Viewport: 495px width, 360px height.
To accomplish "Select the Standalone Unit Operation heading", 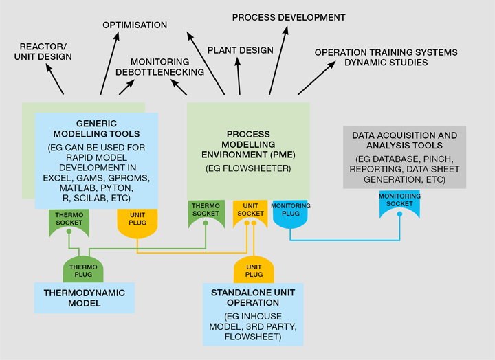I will (254, 296).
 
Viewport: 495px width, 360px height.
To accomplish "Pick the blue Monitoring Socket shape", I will (399, 204).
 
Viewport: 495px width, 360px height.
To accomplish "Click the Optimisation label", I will (135, 25).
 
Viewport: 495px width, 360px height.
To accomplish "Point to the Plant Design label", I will (240, 50).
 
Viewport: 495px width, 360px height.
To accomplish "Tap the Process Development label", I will (288, 17).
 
